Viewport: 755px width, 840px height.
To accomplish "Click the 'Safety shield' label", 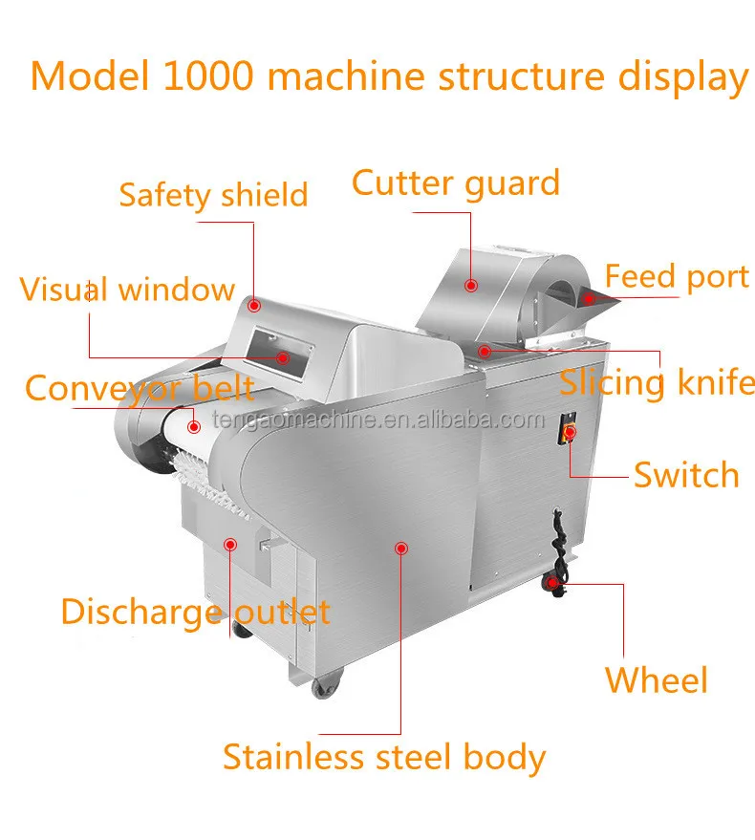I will [x=213, y=195].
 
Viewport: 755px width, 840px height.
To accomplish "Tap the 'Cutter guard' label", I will [x=455, y=183].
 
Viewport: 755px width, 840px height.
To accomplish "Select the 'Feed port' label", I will [x=677, y=277].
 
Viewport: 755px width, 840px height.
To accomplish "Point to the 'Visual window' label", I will [x=127, y=289].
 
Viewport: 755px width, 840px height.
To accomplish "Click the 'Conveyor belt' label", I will [x=140, y=388].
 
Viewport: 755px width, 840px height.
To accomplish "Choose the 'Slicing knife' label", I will [x=657, y=382].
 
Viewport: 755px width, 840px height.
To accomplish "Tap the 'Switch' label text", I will [x=686, y=475].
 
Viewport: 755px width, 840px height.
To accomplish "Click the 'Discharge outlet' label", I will [x=195, y=612].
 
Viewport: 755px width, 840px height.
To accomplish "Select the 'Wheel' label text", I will [x=657, y=680].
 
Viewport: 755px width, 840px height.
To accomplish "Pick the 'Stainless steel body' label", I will [x=384, y=757].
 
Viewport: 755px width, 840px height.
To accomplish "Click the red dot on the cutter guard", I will [x=471, y=285].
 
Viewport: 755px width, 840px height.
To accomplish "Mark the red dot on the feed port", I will [x=590, y=299].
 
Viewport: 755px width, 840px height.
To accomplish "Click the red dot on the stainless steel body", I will [x=401, y=548].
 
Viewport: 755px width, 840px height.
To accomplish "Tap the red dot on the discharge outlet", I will [x=229, y=544].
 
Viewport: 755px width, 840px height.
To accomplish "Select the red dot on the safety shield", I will [x=254, y=305].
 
